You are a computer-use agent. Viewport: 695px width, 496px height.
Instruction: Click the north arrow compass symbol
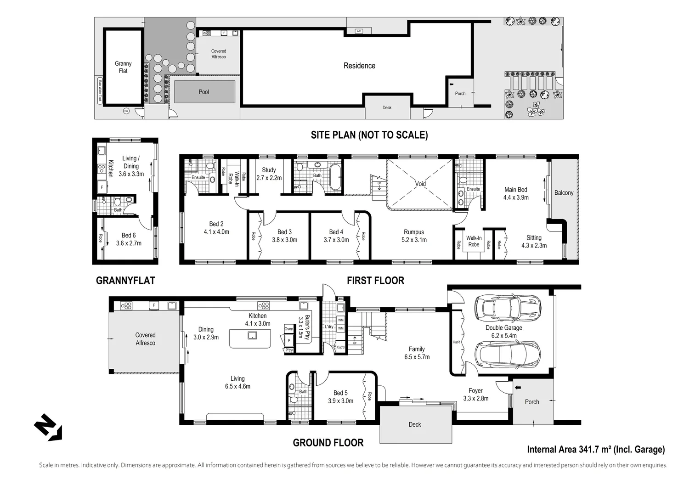click(x=48, y=428)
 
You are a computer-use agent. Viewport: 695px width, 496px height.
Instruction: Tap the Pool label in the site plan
click(x=204, y=92)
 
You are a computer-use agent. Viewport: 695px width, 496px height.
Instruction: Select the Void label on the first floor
click(x=420, y=184)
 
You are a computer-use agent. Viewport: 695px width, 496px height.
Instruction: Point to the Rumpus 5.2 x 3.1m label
click(x=414, y=236)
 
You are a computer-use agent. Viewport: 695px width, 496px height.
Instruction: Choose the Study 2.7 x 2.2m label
click(x=269, y=174)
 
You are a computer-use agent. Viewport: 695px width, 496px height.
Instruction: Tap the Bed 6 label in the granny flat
click(x=129, y=239)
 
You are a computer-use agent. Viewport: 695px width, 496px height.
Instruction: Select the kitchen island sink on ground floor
click(x=252, y=335)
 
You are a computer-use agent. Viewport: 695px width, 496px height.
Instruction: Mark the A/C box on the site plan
click(x=359, y=31)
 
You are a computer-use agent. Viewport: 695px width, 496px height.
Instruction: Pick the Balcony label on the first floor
click(x=564, y=193)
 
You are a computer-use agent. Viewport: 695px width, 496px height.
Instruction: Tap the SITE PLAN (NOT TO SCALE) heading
click(x=369, y=135)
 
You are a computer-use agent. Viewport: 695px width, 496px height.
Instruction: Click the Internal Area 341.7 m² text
click(x=595, y=450)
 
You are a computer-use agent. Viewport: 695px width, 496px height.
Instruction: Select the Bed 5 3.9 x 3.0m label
click(x=340, y=397)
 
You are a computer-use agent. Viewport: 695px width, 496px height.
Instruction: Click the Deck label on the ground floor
click(x=414, y=425)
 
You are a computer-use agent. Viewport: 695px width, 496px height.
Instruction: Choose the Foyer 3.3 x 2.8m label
click(x=475, y=395)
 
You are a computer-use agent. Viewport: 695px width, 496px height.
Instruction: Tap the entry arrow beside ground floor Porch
click(x=518, y=388)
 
